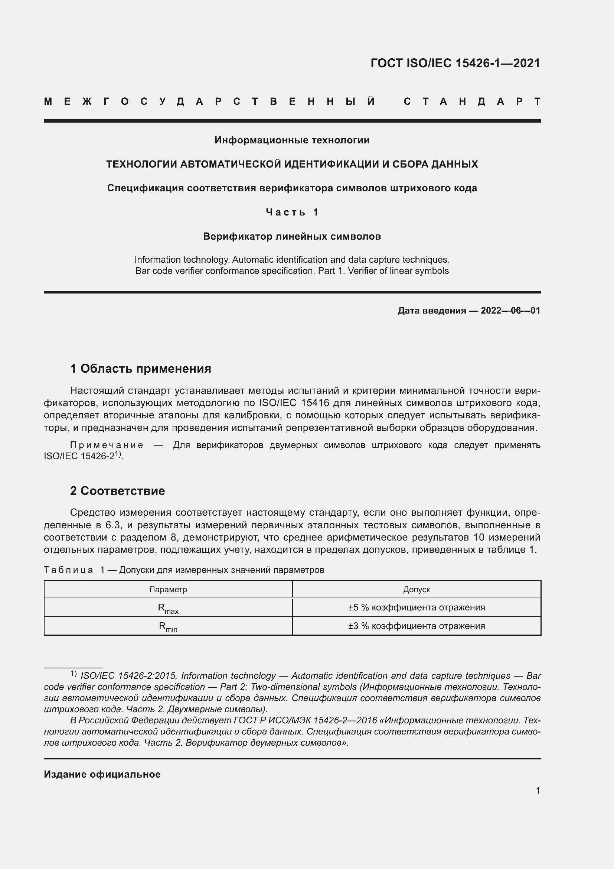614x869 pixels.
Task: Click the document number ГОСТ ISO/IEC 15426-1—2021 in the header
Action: click(x=455, y=63)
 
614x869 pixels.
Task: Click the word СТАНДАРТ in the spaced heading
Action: click(x=472, y=101)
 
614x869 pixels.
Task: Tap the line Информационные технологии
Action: click(x=292, y=140)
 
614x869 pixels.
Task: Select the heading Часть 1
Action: click(x=292, y=213)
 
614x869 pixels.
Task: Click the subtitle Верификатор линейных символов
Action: click(x=292, y=237)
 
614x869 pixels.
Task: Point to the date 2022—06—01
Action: click(x=510, y=311)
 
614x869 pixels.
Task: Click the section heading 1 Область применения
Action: click(x=141, y=369)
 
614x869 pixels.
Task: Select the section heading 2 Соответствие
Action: click(x=118, y=491)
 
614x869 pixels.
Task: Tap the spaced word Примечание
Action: click(x=107, y=445)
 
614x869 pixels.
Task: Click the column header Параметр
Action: click(x=168, y=589)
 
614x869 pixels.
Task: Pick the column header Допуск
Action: click(x=416, y=589)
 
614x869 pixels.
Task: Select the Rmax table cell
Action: click(x=168, y=608)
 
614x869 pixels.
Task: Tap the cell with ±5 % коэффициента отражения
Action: click(x=416, y=607)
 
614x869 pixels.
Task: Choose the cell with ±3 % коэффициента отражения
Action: click(x=416, y=626)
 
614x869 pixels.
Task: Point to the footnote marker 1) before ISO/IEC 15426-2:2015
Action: click(x=74, y=674)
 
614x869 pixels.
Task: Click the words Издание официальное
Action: click(x=102, y=774)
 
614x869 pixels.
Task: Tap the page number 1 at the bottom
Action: click(x=538, y=790)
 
